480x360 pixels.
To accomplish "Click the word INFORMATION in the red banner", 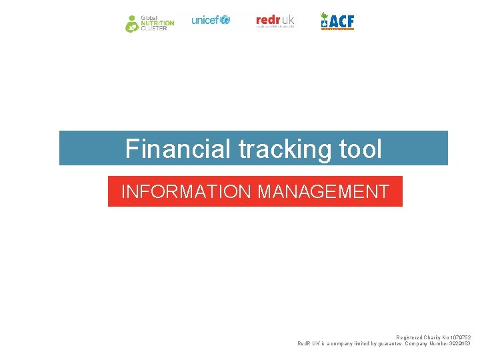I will (186, 192).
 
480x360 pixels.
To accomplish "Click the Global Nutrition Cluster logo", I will (150, 23).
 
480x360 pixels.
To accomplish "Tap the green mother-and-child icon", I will (133, 23).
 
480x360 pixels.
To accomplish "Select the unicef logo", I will (211, 20).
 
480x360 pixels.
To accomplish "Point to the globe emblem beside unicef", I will (225, 20).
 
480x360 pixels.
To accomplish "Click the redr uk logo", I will (275, 21).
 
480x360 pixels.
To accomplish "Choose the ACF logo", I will (337, 21).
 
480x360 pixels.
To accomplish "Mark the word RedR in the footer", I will (304, 343).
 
